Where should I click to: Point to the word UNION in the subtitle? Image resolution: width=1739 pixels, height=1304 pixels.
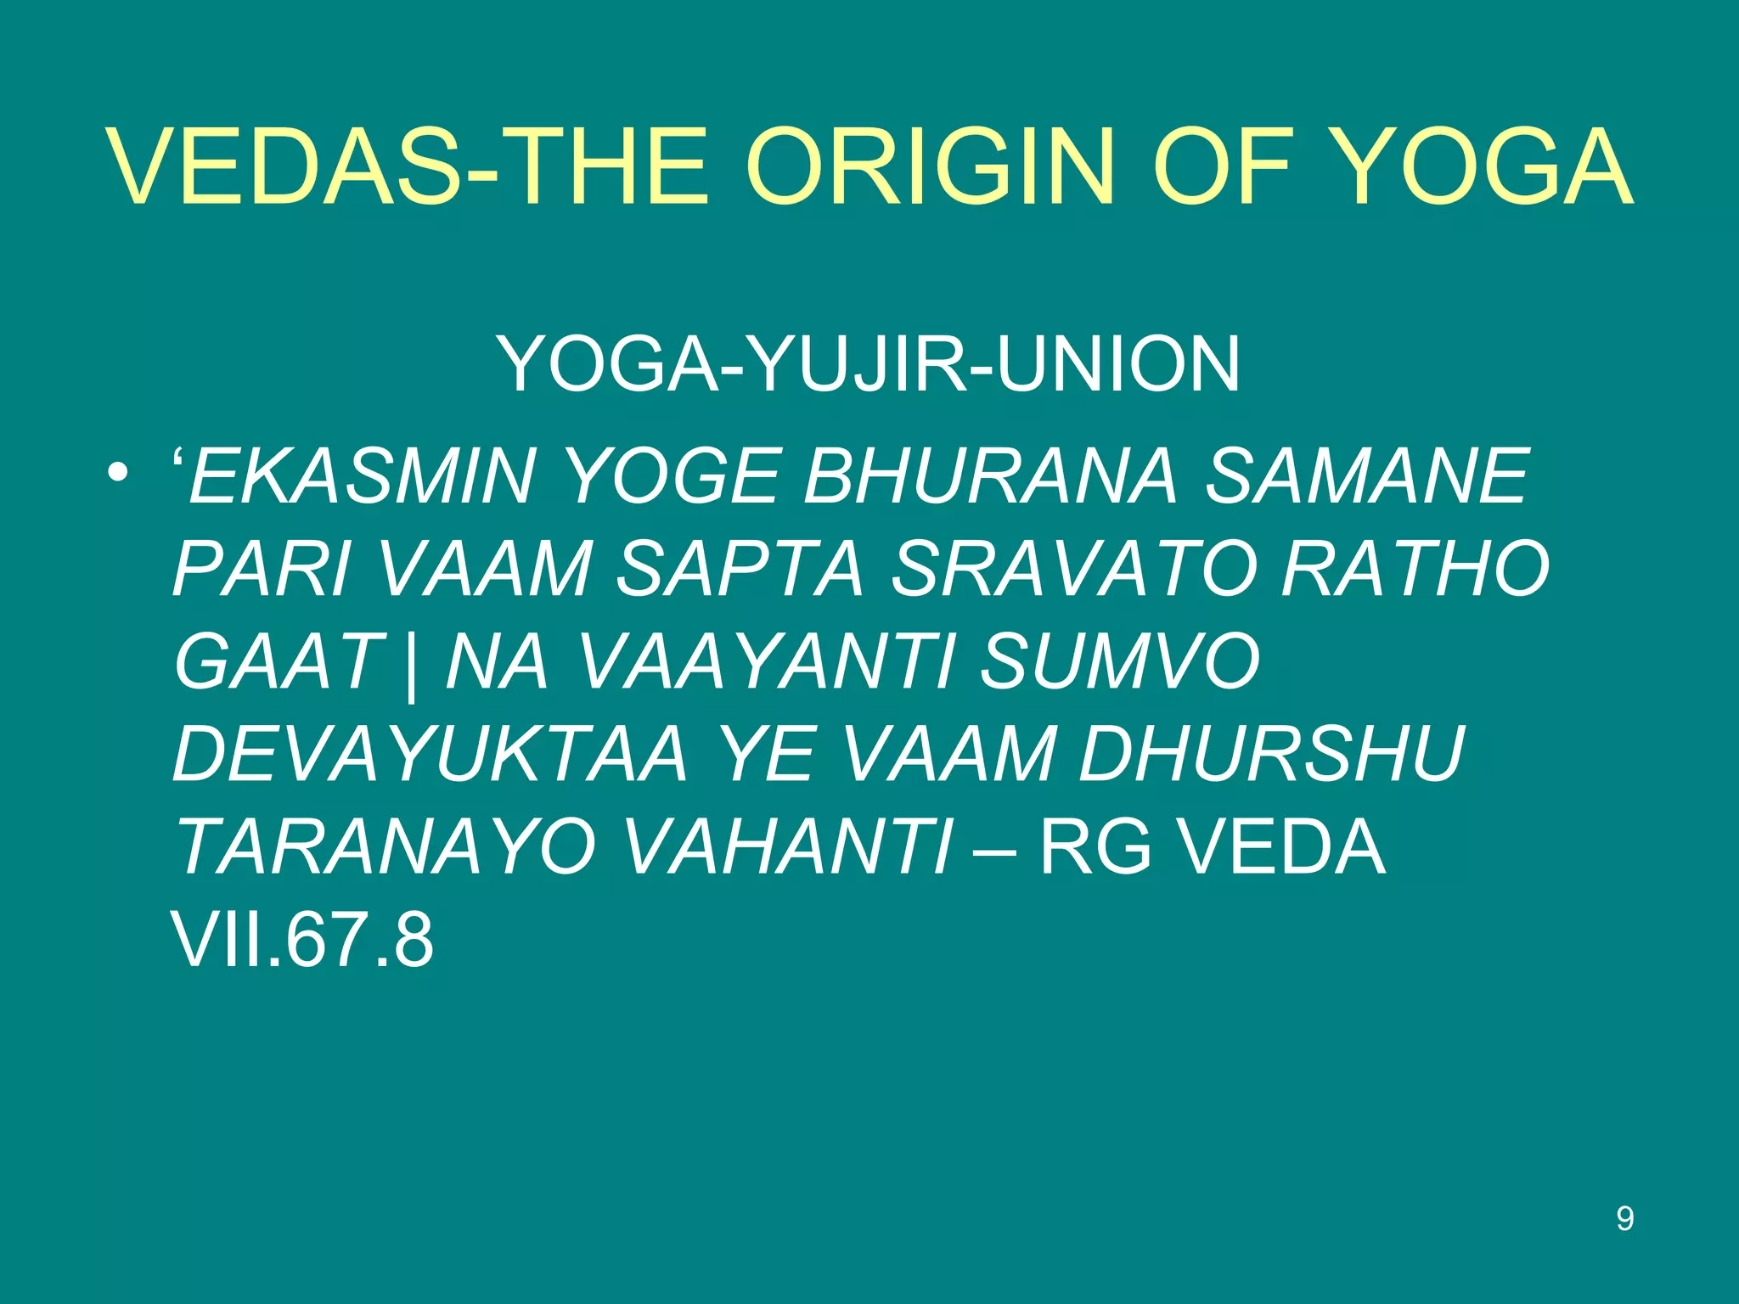click(x=1118, y=364)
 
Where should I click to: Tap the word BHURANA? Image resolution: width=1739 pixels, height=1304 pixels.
click(x=990, y=476)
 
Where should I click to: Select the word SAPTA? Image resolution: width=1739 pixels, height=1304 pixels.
click(x=739, y=570)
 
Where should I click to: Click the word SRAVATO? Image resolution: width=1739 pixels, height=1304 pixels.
click(x=1072, y=570)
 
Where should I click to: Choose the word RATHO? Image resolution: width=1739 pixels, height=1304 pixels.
click(x=1415, y=570)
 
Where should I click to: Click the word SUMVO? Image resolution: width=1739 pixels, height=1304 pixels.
click(x=1120, y=662)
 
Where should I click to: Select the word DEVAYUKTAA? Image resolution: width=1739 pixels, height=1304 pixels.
click(x=430, y=755)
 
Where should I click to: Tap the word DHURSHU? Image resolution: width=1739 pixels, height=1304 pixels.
click(x=1271, y=755)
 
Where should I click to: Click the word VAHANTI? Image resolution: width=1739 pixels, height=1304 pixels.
click(x=787, y=847)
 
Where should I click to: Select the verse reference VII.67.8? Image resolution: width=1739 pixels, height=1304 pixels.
click(x=302, y=940)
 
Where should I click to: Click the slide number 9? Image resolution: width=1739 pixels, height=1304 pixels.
click(x=1624, y=1219)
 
